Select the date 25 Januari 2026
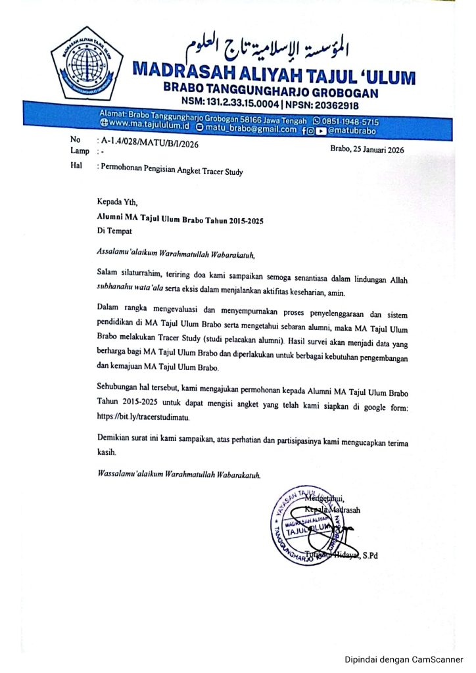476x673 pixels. tap(368, 150)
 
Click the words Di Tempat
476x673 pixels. tap(115, 232)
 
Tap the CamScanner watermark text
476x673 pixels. tap(404, 659)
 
